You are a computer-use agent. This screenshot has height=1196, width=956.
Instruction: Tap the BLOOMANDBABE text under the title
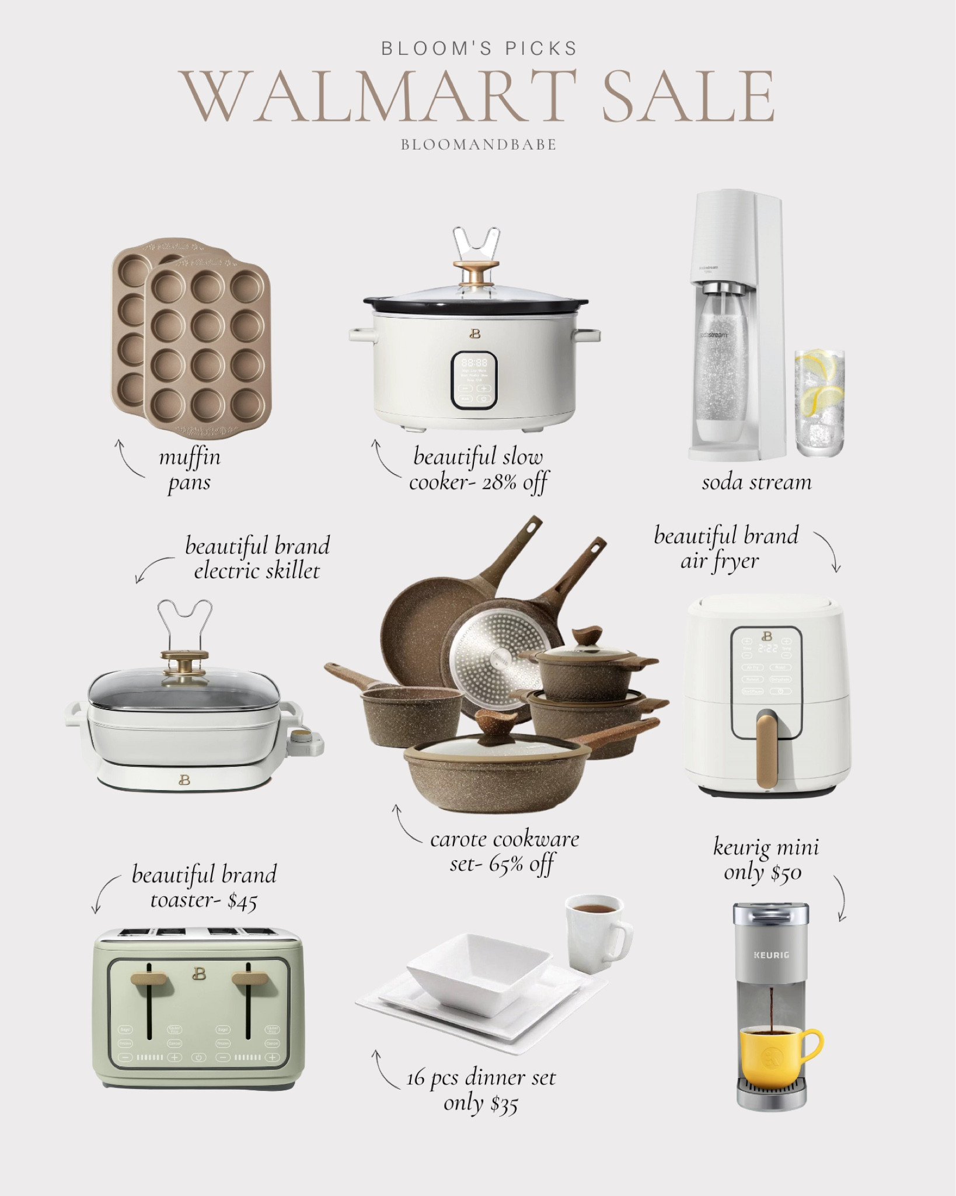478,145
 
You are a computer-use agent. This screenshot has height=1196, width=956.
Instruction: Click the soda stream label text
756,482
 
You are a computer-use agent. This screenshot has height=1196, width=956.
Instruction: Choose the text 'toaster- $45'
203,902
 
